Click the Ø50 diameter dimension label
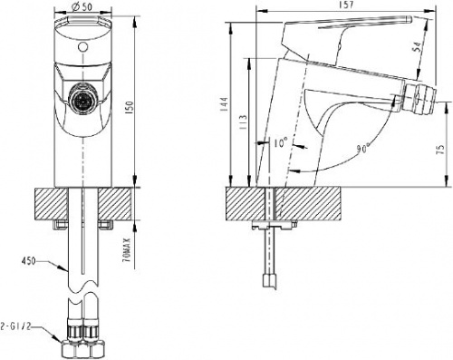pyautogui.click(x=82, y=8)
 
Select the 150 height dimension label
pyautogui.click(x=130, y=106)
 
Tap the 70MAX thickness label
pyautogui.click(x=128, y=249)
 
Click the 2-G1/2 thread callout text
pyautogui.click(x=15, y=327)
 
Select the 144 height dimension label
pyautogui.click(x=224, y=104)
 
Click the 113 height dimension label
pyautogui.click(x=243, y=122)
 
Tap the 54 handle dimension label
pyautogui.click(x=417, y=47)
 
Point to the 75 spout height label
pyautogui.click(x=441, y=149)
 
